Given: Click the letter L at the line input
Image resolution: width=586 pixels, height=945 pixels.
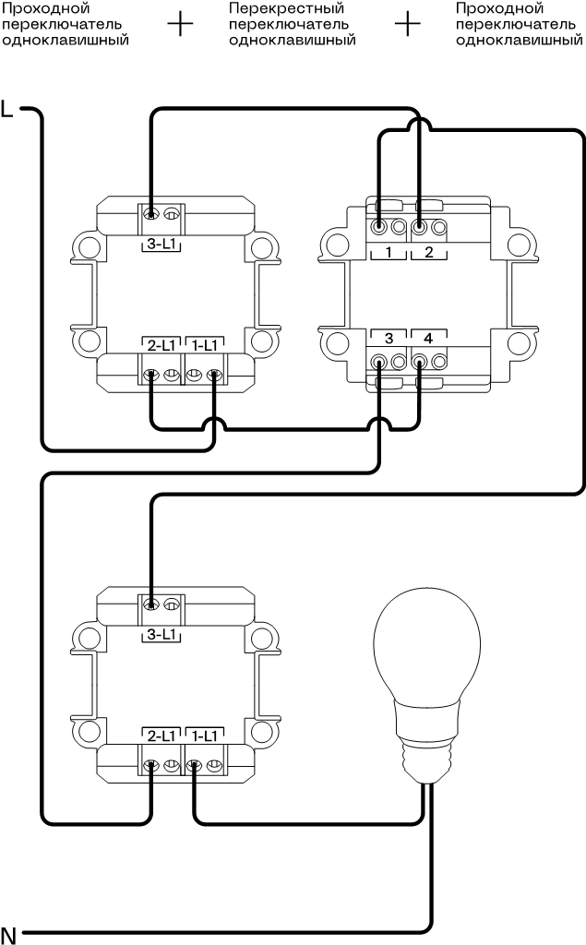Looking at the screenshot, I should (x=8, y=109).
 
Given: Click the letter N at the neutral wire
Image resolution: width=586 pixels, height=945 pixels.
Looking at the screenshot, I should (x=8, y=932).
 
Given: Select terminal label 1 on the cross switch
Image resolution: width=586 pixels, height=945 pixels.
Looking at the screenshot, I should (x=389, y=252).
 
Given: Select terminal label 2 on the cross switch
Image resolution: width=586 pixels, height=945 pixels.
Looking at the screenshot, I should (x=428, y=252).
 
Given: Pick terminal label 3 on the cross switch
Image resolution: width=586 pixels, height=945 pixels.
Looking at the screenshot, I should (x=389, y=337).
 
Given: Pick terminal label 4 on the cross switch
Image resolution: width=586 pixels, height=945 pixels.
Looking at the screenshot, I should (x=428, y=337).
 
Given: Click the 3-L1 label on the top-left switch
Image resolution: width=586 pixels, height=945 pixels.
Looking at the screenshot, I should (x=161, y=244).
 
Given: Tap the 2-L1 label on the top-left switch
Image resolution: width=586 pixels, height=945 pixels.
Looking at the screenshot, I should (x=161, y=345).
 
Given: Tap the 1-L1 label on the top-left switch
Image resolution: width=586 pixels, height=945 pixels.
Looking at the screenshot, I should (x=203, y=345).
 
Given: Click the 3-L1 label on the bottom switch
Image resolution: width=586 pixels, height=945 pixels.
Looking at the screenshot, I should (x=161, y=635).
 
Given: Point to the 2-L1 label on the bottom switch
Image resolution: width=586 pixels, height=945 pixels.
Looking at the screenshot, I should (x=161, y=736).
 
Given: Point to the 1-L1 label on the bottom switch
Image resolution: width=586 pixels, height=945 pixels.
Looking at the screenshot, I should (x=203, y=736).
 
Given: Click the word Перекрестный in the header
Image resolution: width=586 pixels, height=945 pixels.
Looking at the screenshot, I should (x=273, y=7).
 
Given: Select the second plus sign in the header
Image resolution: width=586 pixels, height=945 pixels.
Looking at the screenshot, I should (x=407, y=24).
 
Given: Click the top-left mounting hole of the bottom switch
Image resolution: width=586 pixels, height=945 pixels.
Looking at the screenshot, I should (x=88, y=638).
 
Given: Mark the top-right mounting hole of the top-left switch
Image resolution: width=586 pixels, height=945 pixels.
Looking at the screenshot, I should (x=264, y=247).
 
